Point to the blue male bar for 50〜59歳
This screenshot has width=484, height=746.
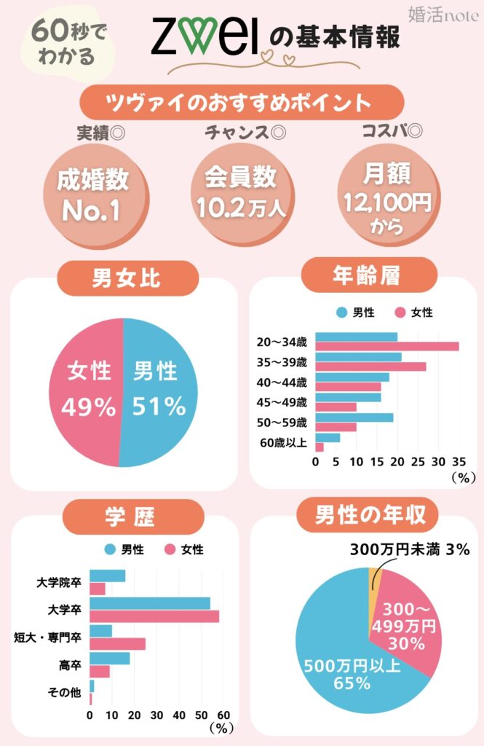pos(354,417)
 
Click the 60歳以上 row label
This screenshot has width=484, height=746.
pos(283,442)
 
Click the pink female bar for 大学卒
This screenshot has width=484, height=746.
pos(154,616)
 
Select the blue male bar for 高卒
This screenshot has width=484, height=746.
pos(109,658)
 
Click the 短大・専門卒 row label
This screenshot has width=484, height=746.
pos(47,637)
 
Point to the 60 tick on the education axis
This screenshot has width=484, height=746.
pos(223,715)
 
